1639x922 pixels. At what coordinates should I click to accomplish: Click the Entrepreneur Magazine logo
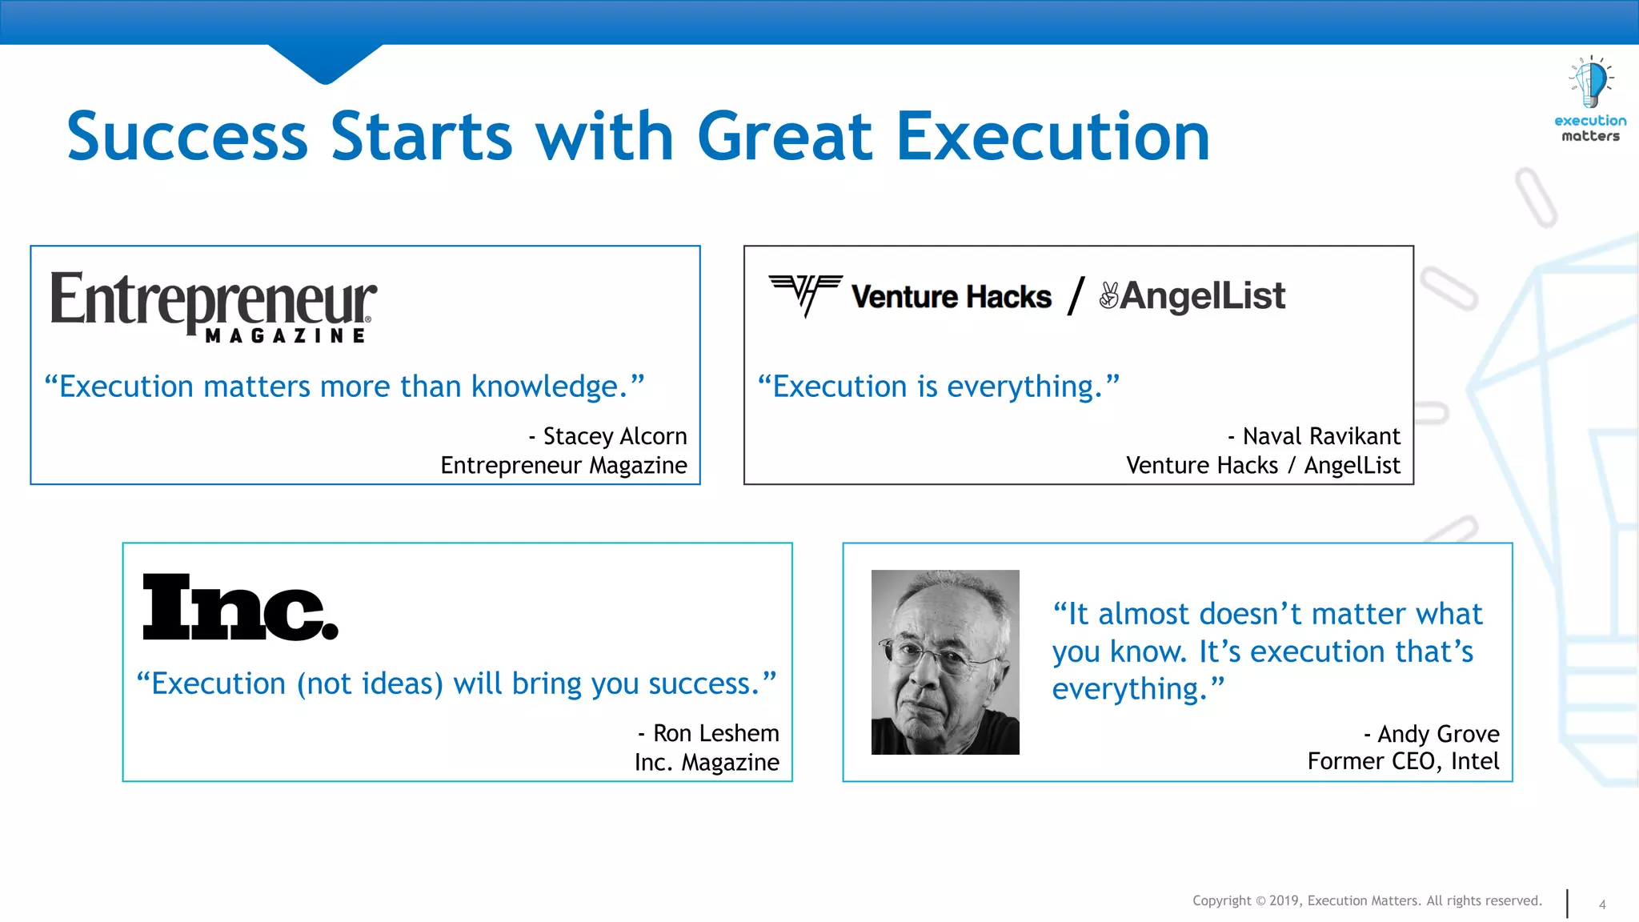pyautogui.click(x=213, y=307)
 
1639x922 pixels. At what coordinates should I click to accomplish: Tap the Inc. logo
pyautogui.click(x=239, y=607)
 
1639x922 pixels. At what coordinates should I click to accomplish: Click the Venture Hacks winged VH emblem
pyautogui.click(x=805, y=294)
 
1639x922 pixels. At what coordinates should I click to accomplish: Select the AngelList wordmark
pyautogui.click(x=1202, y=296)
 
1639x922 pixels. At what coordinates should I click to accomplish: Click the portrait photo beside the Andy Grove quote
pyautogui.click(x=945, y=662)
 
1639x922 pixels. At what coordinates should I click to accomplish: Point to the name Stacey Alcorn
pyautogui.click(x=614, y=436)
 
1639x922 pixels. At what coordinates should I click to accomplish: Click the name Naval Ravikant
pyautogui.click(x=1320, y=436)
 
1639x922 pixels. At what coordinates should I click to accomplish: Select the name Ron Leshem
pyautogui.click(x=715, y=733)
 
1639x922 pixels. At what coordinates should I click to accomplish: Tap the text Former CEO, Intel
pyautogui.click(x=1403, y=761)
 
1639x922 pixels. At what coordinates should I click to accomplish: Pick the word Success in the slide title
pyautogui.click(x=187, y=137)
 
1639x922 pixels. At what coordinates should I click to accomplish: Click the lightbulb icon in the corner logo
pyautogui.click(x=1590, y=82)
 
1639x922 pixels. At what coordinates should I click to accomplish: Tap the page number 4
pyautogui.click(x=1602, y=904)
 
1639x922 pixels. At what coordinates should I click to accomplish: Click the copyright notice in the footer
pyautogui.click(x=1367, y=900)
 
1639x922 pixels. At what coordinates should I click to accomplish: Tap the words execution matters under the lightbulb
pyautogui.click(x=1590, y=129)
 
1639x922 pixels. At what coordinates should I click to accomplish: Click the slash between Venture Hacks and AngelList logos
pyautogui.click(x=1076, y=295)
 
